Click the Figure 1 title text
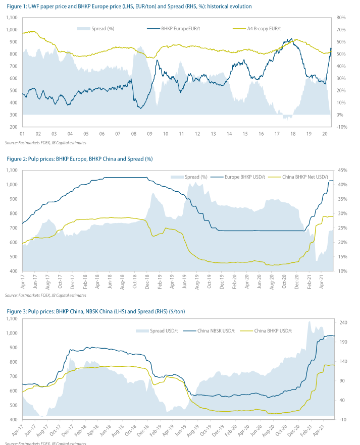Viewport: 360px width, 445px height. coord(129,6)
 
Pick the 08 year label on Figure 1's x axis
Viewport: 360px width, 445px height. coord(133,135)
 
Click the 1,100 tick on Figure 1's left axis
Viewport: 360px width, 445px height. coord(11,18)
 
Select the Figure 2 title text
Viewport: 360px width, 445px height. coord(80,159)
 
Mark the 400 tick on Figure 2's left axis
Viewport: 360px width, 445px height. coord(13,271)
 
